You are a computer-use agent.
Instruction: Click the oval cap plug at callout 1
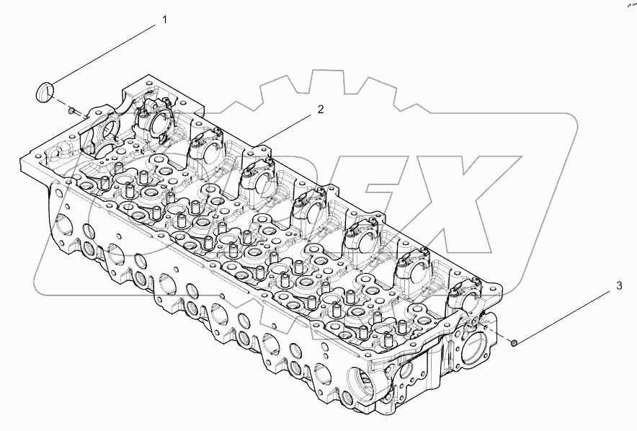click(x=45, y=92)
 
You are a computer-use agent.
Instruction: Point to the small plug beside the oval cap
click(x=72, y=110)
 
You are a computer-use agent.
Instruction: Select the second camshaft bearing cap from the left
click(x=204, y=148)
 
